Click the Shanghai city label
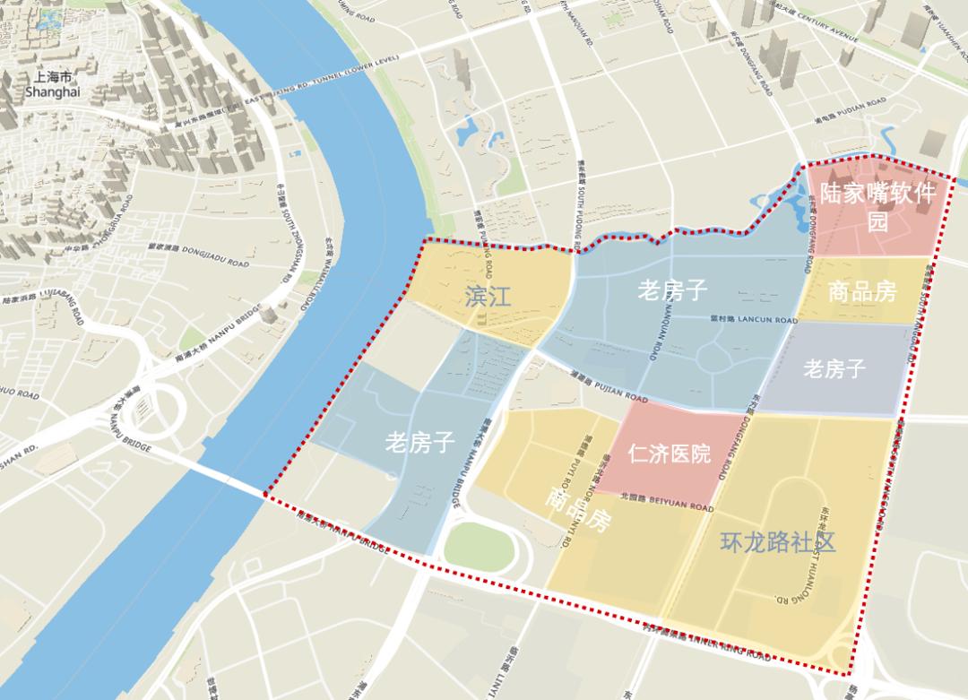(52, 85)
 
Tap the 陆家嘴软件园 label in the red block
(877, 206)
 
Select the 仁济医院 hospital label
(670, 453)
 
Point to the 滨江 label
(488, 296)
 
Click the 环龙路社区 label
(778, 542)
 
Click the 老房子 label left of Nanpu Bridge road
(420, 441)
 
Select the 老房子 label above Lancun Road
(672, 290)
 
